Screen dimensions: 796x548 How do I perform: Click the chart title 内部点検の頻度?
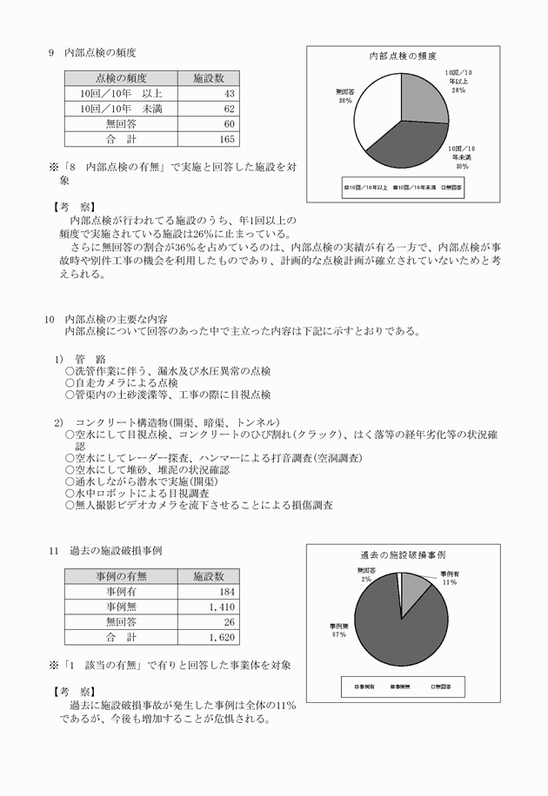tap(403, 56)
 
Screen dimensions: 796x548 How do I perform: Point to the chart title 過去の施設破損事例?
tap(403, 554)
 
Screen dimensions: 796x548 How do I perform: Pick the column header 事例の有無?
tap(121, 576)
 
